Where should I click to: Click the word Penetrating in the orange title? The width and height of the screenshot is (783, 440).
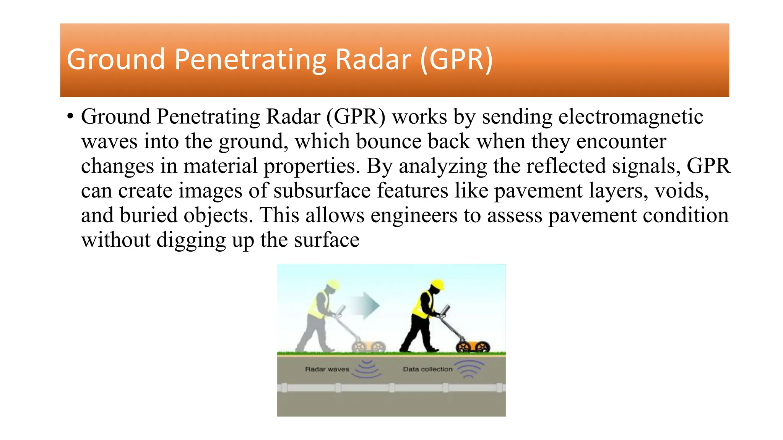point(250,60)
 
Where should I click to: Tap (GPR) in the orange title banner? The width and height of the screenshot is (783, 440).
point(456,60)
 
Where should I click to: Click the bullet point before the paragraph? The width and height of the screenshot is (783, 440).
point(70,116)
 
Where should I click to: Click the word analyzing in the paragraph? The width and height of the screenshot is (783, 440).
point(443,166)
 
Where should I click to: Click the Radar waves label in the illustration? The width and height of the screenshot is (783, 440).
point(327,369)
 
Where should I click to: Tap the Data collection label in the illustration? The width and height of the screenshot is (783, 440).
point(427,369)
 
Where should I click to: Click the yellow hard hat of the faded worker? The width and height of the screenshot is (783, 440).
point(333,285)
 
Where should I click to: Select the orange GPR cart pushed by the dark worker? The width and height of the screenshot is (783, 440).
point(473,346)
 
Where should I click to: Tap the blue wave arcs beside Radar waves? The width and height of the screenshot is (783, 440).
point(367,369)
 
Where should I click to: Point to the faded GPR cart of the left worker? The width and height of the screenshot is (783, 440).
point(368,346)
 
